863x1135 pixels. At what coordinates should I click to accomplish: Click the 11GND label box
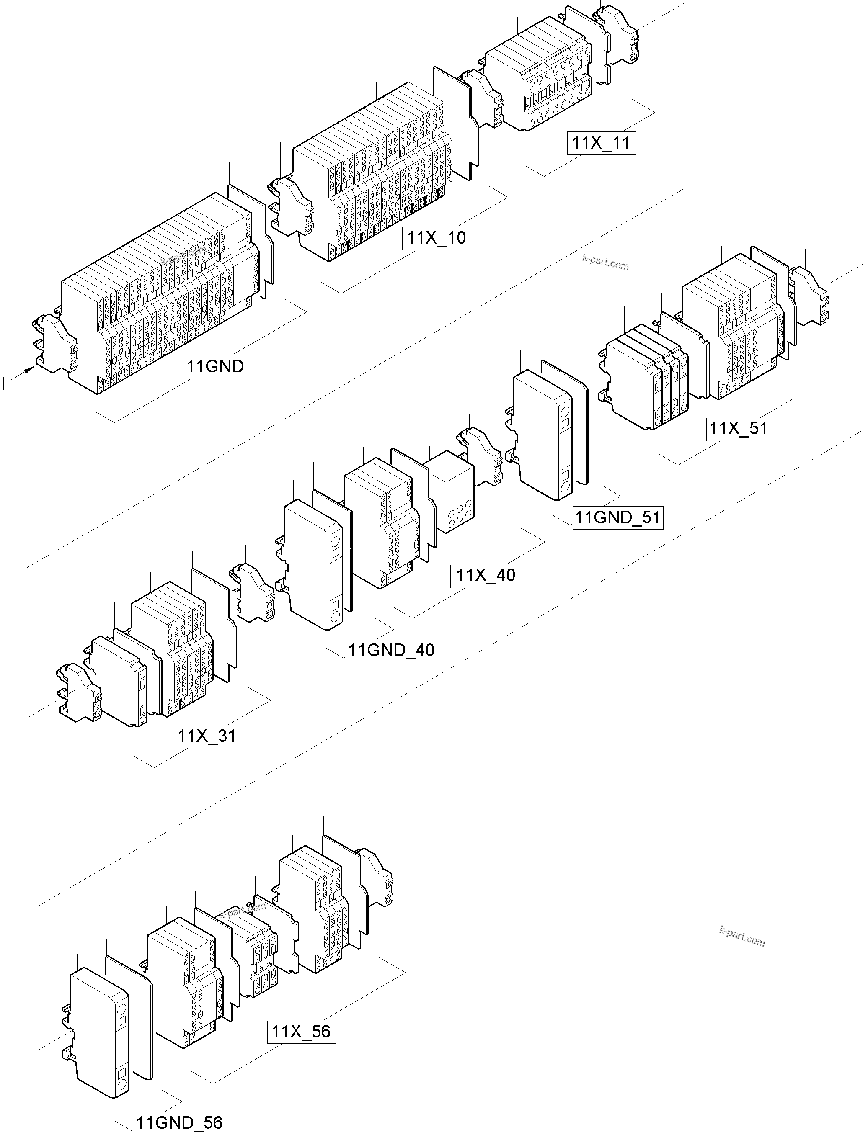216,366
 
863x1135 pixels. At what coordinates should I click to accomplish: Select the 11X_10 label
436,238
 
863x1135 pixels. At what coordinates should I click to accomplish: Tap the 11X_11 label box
601,142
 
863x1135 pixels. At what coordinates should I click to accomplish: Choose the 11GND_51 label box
618,517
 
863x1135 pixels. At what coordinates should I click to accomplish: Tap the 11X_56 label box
302,1031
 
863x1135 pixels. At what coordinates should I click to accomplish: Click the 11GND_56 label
180,1123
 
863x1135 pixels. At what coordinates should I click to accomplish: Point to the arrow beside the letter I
22,373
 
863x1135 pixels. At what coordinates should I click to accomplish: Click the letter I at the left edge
4,383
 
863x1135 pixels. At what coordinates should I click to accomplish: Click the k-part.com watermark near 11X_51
605,263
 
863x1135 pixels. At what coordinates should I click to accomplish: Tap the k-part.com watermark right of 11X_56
742,937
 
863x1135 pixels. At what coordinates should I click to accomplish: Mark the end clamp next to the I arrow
55,342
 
